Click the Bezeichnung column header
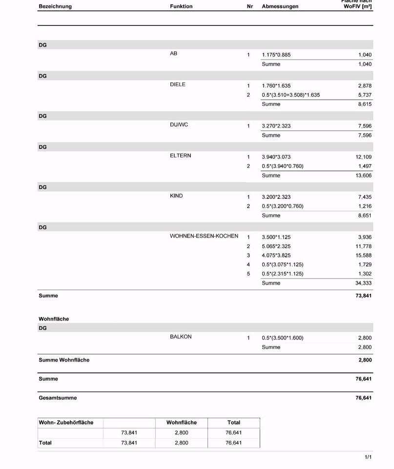click(55, 6)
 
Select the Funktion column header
click(181, 6)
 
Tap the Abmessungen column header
click(280, 6)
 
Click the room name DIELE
click(178, 85)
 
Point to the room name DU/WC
click(179, 125)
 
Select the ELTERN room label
click(181, 156)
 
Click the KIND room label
click(176, 196)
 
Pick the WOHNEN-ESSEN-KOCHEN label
click(204, 236)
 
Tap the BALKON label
click(181, 337)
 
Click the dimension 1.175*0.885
click(276, 55)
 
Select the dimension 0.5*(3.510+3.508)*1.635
click(290, 95)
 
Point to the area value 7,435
click(365, 196)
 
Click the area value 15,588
click(363, 256)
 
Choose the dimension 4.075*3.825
click(276, 256)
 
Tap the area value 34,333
click(363, 283)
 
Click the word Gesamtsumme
click(58, 398)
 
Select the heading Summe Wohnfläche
click(64, 360)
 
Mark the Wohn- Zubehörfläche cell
click(66, 422)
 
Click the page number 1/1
click(368, 457)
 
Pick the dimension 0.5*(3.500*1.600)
click(282, 338)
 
